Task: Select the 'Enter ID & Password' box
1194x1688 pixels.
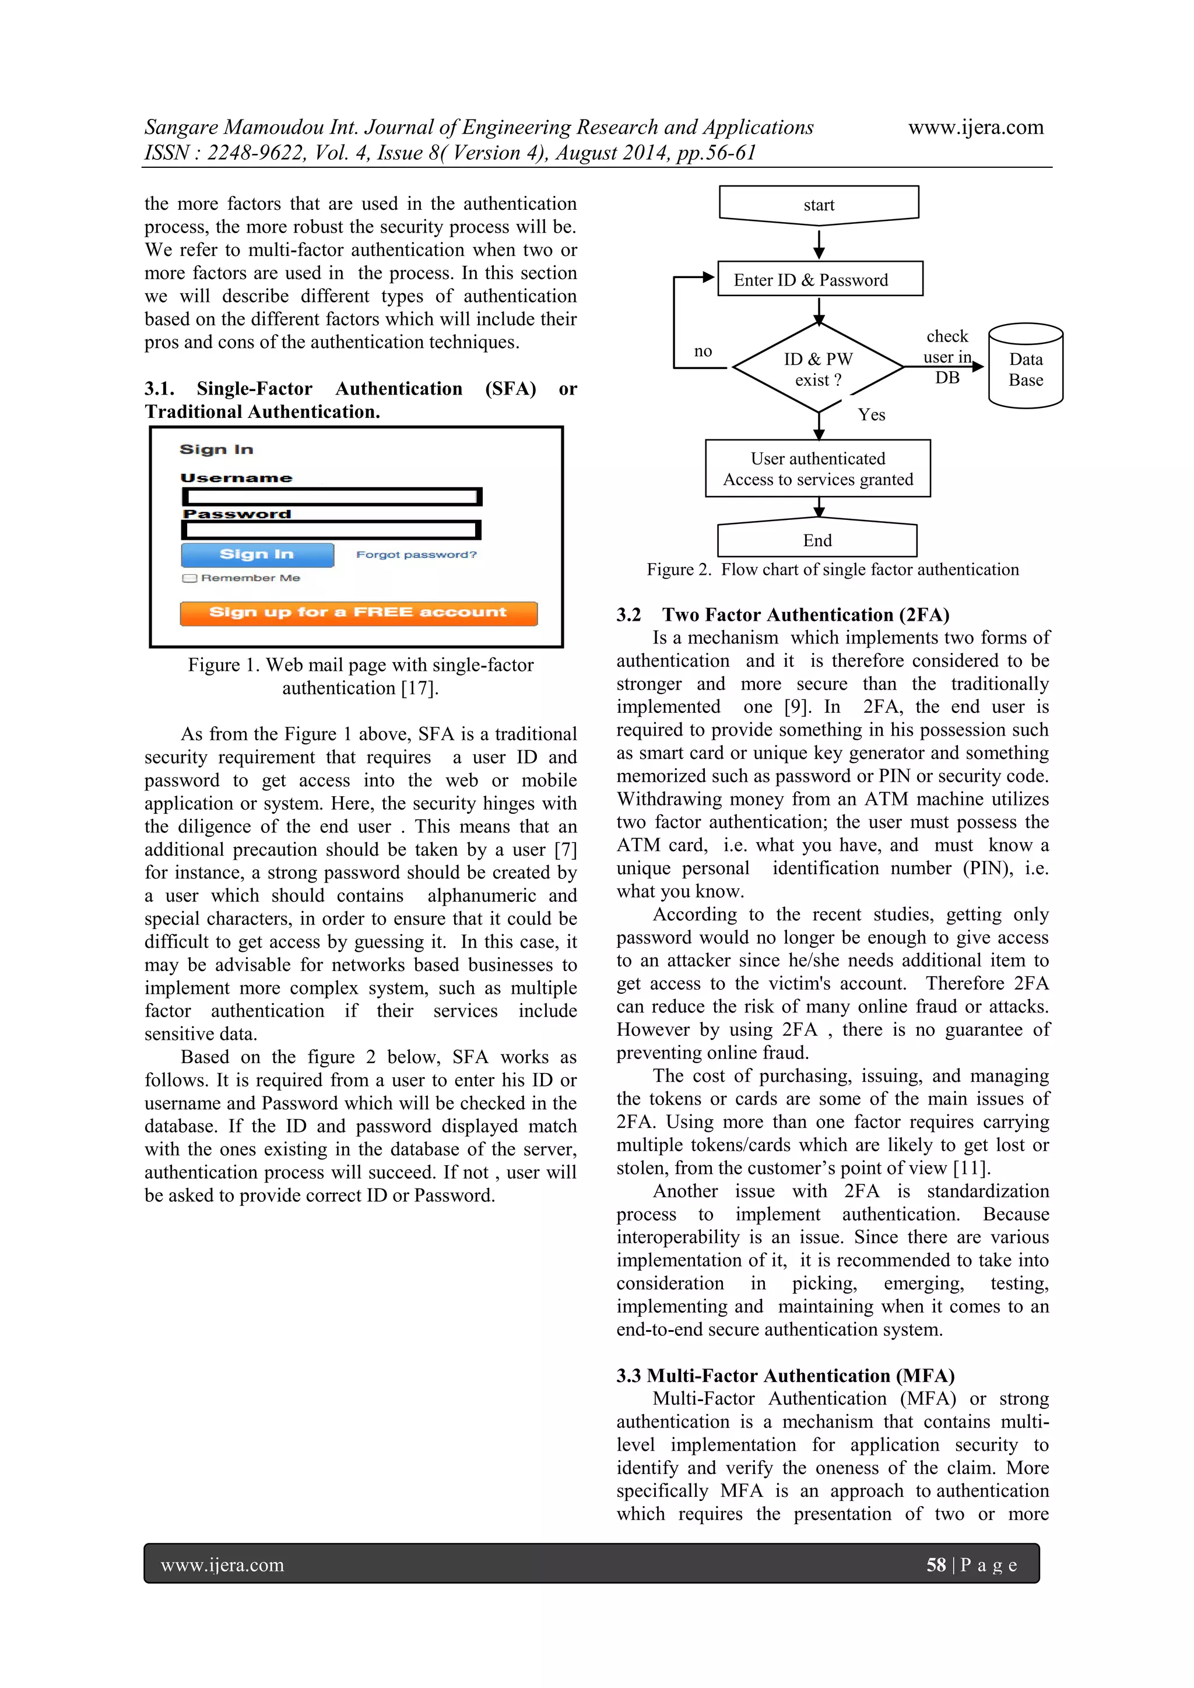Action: click(x=819, y=279)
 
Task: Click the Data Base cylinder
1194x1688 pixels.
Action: click(x=1025, y=368)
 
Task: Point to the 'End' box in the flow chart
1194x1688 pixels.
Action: click(x=817, y=540)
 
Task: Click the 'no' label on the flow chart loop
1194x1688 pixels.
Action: click(x=703, y=351)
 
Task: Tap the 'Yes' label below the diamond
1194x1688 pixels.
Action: click(x=871, y=414)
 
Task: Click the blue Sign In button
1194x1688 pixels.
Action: click(x=257, y=554)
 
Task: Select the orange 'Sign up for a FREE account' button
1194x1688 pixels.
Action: click(x=358, y=613)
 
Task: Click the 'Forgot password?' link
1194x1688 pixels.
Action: click(x=416, y=554)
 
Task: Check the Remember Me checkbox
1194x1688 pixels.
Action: click(x=189, y=578)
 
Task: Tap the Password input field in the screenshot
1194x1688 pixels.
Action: click(x=331, y=530)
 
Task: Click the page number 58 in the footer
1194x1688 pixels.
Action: click(x=935, y=1565)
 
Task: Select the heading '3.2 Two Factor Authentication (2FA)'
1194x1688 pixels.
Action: click(x=782, y=614)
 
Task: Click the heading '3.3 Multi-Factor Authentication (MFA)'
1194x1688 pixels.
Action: click(x=785, y=1376)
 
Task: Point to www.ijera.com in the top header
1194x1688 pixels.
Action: click(x=975, y=127)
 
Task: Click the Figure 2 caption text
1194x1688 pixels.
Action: click(x=833, y=570)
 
